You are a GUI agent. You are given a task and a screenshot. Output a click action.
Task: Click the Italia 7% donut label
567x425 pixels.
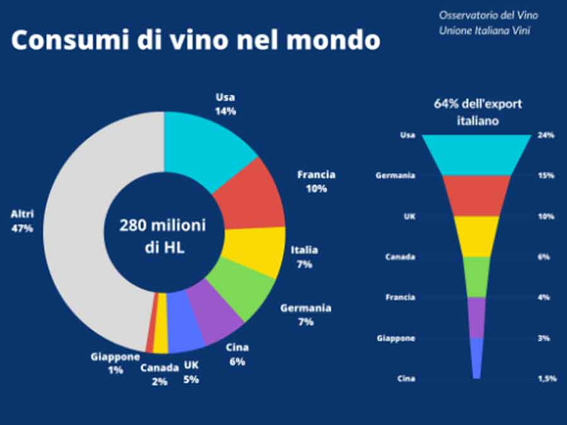pos(304,257)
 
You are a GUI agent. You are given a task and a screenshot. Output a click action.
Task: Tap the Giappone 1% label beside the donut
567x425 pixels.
pos(115,363)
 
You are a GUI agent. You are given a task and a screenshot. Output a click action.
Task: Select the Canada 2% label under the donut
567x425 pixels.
pos(159,374)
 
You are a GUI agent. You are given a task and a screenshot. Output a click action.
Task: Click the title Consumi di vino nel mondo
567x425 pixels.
pos(196,40)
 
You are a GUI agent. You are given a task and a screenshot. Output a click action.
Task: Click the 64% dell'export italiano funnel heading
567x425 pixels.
pos(478,112)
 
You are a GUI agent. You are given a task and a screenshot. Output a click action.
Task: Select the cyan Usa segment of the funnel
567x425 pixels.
pos(477,154)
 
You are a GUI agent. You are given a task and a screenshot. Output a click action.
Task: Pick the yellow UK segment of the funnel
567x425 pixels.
pos(477,235)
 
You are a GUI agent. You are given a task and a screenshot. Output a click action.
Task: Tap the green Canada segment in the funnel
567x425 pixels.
pos(477,276)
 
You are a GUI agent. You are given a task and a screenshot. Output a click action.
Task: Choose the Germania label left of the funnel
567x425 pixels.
pos(395,176)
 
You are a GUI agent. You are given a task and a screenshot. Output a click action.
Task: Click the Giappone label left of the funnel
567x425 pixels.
pos(396,338)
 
